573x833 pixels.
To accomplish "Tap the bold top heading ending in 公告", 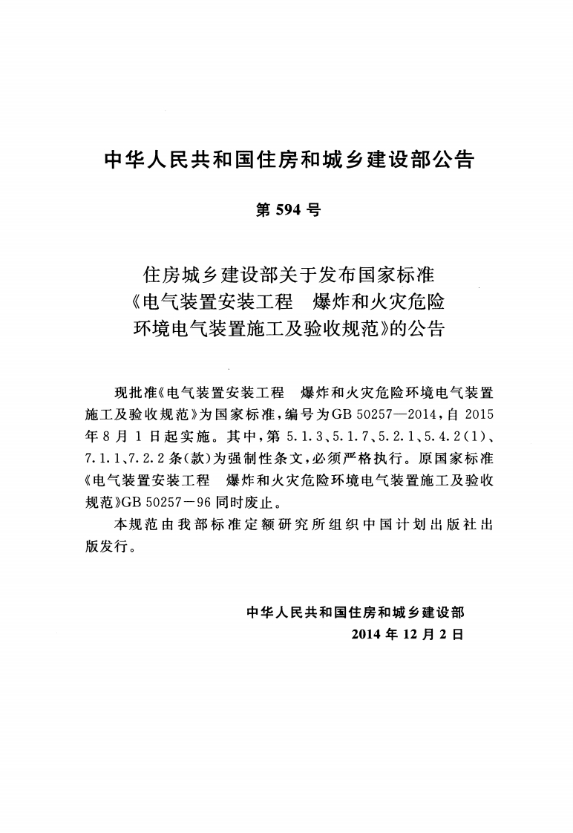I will [x=286, y=159].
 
